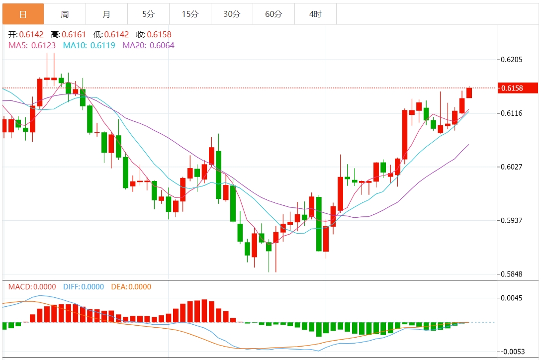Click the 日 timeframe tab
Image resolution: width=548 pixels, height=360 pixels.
tap(23, 14)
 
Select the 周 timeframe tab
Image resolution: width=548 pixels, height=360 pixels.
tap(65, 14)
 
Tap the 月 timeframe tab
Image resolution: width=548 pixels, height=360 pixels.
tap(106, 14)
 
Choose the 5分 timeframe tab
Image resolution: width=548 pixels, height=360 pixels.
tap(148, 14)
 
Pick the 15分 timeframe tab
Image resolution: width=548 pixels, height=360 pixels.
tap(190, 14)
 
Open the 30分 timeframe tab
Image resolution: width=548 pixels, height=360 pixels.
tap(232, 14)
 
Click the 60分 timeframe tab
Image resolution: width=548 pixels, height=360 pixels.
tap(274, 14)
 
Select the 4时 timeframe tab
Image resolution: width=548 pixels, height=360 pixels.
tap(315, 14)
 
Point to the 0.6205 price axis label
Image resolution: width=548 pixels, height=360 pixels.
tap(512, 60)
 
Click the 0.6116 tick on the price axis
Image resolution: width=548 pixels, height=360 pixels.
tap(512, 113)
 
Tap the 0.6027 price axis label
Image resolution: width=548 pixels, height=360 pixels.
tap(512, 167)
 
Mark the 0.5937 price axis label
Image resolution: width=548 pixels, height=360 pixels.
tap(512, 220)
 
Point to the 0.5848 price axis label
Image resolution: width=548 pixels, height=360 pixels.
tap(512, 274)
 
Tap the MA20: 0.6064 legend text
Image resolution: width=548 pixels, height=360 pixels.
tap(148, 45)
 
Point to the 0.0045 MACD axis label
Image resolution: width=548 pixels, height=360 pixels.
tap(512, 298)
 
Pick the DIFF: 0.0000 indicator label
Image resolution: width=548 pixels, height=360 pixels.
tap(84, 287)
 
